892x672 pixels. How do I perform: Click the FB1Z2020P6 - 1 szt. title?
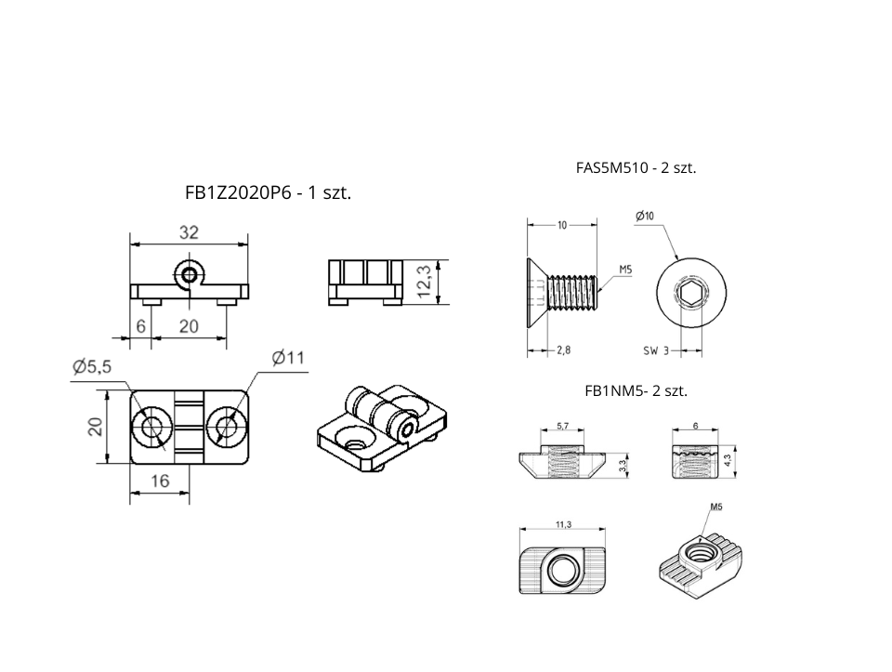tap(268, 193)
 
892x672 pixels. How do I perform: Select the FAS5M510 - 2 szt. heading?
tap(636, 168)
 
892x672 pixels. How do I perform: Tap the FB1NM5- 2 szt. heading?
tap(636, 391)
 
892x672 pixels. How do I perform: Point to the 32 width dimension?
tap(189, 232)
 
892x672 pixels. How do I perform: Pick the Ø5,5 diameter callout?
tap(92, 367)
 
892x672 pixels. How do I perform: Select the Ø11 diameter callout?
tap(288, 358)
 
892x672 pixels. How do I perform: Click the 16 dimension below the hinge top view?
tap(160, 481)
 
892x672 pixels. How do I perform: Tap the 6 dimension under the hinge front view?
tap(140, 326)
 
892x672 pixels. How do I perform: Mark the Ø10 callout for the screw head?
tap(645, 216)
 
